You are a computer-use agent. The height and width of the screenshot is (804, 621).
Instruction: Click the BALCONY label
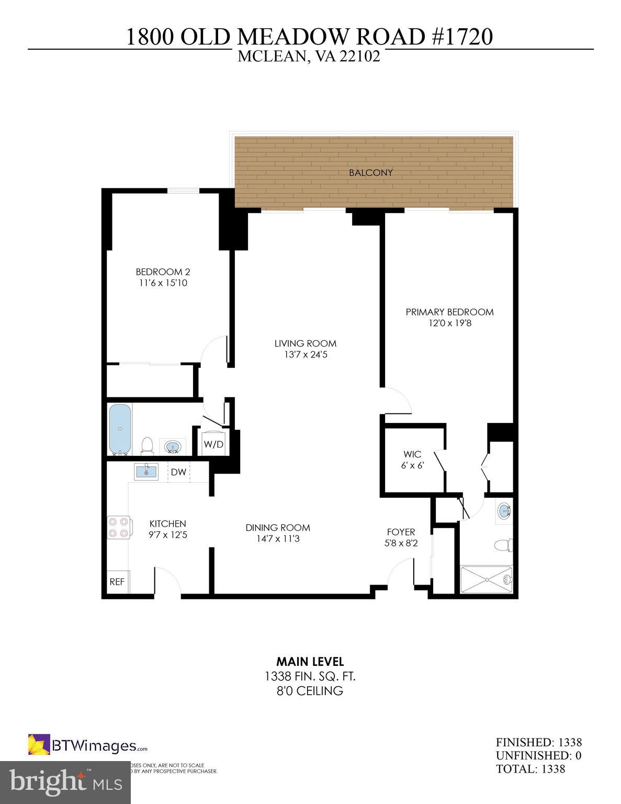pos(371,173)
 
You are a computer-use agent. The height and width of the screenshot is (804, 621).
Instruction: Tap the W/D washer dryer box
pos(213,445)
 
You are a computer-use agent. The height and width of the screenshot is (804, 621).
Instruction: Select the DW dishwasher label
pos(178,472)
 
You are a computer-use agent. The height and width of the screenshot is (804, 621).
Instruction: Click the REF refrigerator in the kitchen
pos(117,582)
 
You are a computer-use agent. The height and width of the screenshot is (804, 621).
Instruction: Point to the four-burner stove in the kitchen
pos(119,527)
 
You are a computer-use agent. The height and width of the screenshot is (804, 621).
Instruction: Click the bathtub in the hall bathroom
pos(120,430)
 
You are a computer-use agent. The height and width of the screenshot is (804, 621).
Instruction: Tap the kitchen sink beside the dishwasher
pos(146,472)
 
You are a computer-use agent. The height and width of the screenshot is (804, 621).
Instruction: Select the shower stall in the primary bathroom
pos(487,579)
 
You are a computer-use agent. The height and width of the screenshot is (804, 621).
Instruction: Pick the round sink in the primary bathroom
pos(504,510)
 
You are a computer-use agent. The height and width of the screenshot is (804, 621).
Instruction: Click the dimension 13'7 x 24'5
pos(305,355)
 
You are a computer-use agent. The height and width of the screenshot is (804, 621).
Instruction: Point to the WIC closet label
pos(412,454)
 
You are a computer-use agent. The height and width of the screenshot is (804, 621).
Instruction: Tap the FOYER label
pos(401,532)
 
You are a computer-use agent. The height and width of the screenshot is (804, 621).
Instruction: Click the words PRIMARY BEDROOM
pos(449,312)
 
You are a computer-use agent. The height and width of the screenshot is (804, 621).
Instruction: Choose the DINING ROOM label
pos(278,528)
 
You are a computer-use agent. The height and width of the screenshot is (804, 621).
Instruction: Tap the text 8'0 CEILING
pos(310,691)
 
